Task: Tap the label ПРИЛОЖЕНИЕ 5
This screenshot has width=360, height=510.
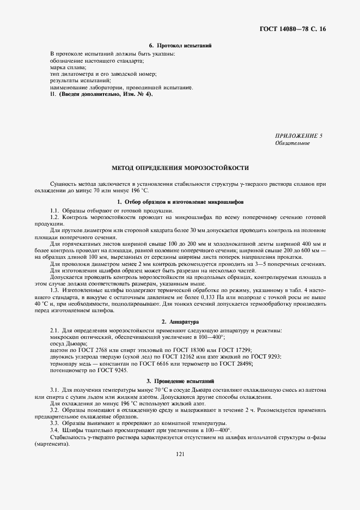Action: [x=300, y=136]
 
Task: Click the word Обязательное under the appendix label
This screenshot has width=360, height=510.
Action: [x=293, y=143]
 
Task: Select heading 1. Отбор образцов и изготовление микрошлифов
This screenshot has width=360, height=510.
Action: [x=180, y=203]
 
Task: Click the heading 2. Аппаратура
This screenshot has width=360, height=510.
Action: [x=180, y=322]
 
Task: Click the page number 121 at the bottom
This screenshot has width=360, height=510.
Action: [x=180, y=453]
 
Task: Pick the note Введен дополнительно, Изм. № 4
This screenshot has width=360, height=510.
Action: [x=106, y=94]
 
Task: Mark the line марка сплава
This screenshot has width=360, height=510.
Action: [x=64, y=68]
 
